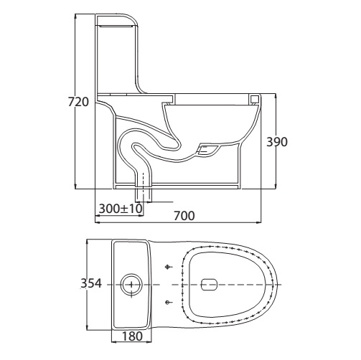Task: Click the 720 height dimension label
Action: [x=78, y=102]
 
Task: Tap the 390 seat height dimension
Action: [x=277, y=142]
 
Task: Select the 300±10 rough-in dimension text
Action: [x=121, y=209]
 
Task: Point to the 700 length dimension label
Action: [x=184, y=216]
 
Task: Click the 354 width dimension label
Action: [x=91, y=283]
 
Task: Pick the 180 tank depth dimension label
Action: [x=132, y=336]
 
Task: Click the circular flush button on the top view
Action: [x=131, y=285]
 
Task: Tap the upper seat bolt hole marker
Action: [x=168, y=267]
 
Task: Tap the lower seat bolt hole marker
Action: [x=168, y=303]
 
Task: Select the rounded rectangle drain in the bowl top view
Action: [x=209, y=285]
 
